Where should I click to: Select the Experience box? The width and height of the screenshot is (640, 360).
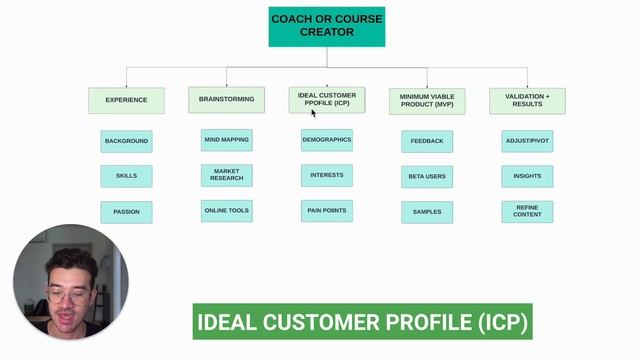pyautogui.click(x=126, y=100)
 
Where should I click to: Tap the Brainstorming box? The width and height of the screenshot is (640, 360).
pyautogui.click(x=226, y=99)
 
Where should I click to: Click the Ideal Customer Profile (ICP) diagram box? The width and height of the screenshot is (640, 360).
pyautogui.click(x=327, y=99)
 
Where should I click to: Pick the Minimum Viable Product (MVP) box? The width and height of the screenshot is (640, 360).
pyautogui.click(x=427, y=101)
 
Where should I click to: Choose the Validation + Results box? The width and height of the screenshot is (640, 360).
pyautogui.click(x=527, y=101)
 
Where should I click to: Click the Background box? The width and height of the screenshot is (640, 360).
pyautogui.click(x=126, y=141)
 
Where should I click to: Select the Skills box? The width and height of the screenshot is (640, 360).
pyautogui.click(x=126, y=176)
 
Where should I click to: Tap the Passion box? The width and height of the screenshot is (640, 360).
pyautogui.click(x=126, y=212)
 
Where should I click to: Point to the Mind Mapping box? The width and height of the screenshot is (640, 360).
pyautogui.click(x=226, y=140)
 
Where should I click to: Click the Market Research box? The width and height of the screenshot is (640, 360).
pyautogui.click(x=226, y=175)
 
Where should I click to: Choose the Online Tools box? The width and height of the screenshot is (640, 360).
pyautogui.click(x=226, y=210)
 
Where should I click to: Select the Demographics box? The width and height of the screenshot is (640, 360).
pyautogui.click(x=327, y=140)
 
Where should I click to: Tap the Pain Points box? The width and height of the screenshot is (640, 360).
pyautogui.click(x=327, y=210)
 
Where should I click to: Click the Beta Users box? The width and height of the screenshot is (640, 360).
pyautogui.click(x=427, y=177)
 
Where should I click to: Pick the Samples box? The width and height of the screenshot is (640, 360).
pyautogui.click(x=427, y=212)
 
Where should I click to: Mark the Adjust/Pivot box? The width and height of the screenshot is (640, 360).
pyautogui.click(x=527, y=141)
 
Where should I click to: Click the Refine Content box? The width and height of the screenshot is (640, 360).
pyautogui.click(x=527, y=211)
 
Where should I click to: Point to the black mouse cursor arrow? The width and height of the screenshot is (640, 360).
pyautogui.click(x=314, y=113)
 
